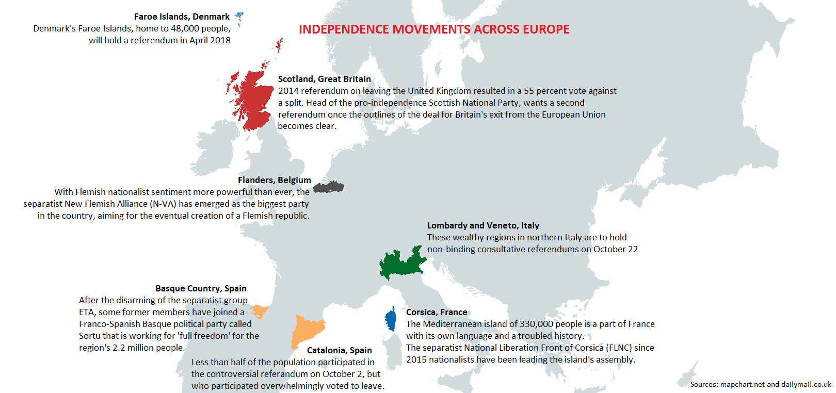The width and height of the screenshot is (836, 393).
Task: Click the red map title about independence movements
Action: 434,29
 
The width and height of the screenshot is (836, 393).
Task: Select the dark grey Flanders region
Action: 329,187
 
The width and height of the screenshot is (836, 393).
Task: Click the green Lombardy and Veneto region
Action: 401,264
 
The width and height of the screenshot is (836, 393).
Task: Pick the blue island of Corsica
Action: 391,320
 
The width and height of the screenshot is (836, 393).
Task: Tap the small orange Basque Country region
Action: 259,311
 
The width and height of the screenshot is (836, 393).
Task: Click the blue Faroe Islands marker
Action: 239,18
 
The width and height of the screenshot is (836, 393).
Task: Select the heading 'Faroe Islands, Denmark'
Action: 182,17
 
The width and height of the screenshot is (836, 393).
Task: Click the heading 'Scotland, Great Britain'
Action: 324,79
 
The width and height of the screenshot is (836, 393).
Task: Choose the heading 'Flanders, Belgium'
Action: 274,180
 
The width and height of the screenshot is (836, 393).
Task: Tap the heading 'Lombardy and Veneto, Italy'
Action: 483,225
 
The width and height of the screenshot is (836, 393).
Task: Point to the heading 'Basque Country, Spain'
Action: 201,288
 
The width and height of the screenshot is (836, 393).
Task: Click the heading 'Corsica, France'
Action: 437,312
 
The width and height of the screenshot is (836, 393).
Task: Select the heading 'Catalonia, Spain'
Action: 339,350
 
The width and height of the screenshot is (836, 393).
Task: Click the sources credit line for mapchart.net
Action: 760,384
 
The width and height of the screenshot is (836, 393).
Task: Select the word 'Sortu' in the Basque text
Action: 91,336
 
